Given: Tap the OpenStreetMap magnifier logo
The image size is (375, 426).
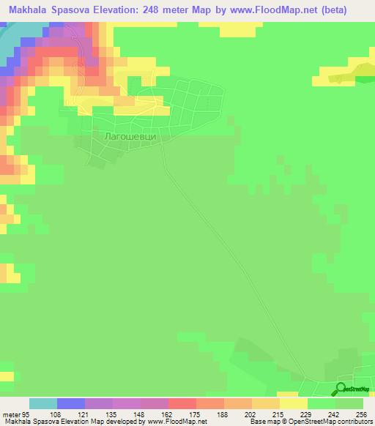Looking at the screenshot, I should point(341,389).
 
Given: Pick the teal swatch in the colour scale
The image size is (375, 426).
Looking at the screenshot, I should point(43,403).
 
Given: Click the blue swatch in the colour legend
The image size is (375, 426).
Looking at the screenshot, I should point(71,403).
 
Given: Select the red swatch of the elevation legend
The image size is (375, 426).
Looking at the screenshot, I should point(182,403).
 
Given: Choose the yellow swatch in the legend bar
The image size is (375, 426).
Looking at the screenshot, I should point(294,403).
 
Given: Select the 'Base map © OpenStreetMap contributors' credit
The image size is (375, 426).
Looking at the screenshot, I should point(310,421).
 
